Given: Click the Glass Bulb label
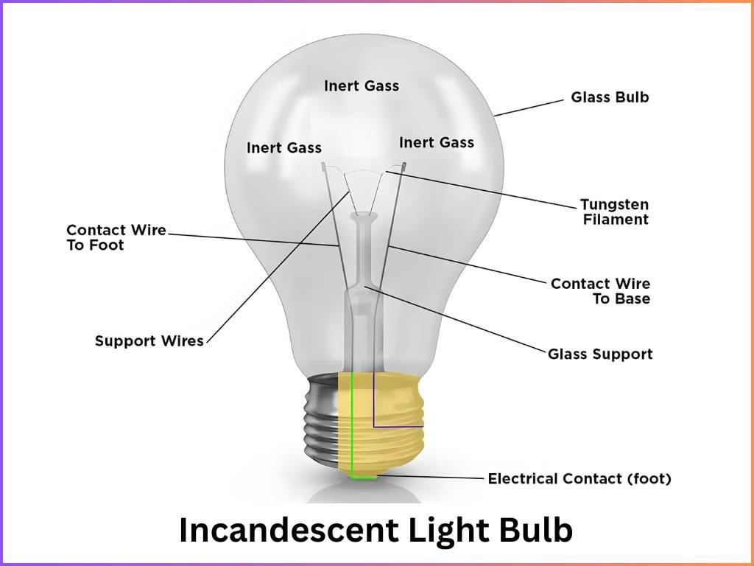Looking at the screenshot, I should click(610, 97).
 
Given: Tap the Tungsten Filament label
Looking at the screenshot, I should click(614, 212).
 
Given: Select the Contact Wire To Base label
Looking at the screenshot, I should click(600, 291).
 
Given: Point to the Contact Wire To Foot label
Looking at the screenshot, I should click(116, 238).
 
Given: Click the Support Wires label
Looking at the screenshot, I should click(149, 341).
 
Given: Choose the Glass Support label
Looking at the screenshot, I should click(600, 354).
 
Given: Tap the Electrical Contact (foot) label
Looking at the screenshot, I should click(579, 479).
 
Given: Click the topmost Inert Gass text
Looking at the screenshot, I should click(362, 86).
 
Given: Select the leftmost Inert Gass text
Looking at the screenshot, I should click(284, 148).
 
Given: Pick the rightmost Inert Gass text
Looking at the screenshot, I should click(437, 142).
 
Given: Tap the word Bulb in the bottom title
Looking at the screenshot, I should click(535, 531).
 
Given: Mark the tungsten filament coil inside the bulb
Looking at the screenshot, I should click(364, 172).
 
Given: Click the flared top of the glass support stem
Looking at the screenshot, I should click(362, 217).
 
